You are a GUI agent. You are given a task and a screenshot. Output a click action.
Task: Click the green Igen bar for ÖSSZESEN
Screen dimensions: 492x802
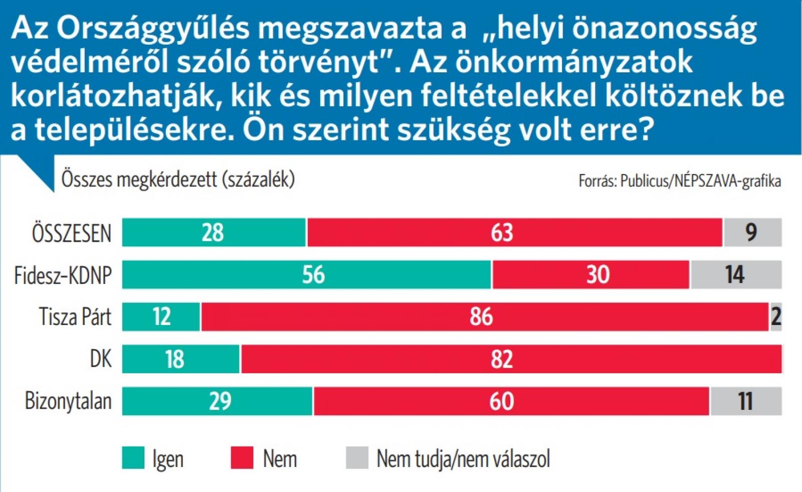(214, 233)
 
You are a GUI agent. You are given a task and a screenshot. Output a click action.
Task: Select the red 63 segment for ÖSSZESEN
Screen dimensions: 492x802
(515, 233)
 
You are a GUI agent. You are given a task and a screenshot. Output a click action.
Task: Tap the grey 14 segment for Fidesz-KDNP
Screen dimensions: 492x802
(736, 275)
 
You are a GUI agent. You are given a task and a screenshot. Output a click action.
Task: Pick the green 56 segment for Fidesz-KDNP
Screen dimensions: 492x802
(307, 275)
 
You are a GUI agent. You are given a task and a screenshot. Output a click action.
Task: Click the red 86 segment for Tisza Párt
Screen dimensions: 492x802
(485, 317)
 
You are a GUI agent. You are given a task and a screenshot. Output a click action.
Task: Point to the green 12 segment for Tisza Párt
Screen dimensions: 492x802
(161, 317)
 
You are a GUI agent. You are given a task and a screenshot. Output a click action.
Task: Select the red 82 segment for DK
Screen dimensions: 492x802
(511, 359)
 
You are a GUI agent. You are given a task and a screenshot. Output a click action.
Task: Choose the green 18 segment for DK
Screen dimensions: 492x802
(181, 359)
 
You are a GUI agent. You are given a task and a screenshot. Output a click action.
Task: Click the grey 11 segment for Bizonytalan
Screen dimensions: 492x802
(746, 401)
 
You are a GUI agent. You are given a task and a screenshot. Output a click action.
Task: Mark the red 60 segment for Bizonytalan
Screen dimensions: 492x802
(511, 401)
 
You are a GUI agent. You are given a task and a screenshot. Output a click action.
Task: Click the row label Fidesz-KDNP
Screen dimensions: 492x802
(63, 275)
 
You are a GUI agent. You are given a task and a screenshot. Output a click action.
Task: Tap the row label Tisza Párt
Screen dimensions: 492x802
(75, 317)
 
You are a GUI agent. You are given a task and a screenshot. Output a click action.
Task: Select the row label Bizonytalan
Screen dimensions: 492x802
(68, 402)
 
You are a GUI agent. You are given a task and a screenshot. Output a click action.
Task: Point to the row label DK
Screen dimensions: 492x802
(101, 359)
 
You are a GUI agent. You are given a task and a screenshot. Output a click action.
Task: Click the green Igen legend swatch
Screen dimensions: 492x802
(133, 458)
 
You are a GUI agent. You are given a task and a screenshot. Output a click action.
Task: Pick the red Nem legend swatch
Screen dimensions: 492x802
(242, 458)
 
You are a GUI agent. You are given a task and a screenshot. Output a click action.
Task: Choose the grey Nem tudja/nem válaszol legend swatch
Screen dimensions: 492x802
(357, 458)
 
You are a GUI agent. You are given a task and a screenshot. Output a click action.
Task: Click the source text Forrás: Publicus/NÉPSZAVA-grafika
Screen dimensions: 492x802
(680, 181)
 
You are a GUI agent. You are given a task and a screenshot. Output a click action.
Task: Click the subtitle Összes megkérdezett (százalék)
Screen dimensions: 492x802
(178, 180)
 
